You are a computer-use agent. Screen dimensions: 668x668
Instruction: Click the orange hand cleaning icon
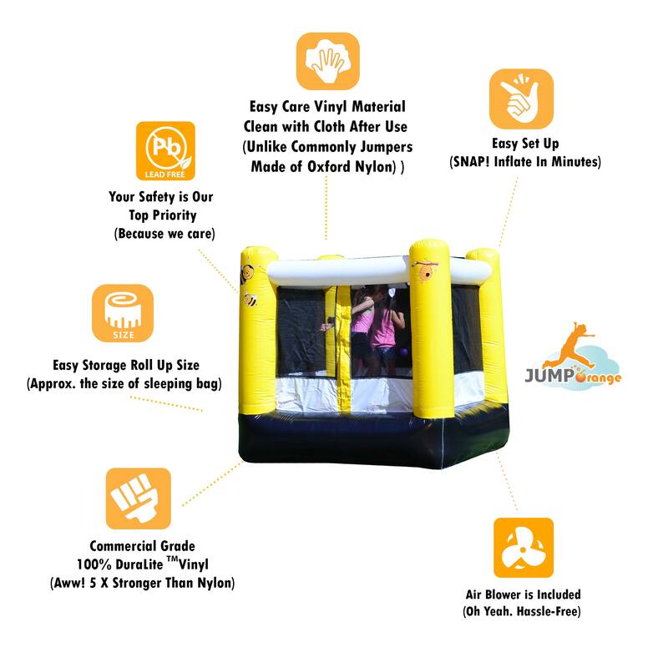point(327,61)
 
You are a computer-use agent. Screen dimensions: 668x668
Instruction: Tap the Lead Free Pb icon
point(165,151)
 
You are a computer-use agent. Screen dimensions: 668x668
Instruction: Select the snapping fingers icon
point(521,99)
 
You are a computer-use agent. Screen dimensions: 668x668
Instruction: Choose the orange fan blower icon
point(524,548)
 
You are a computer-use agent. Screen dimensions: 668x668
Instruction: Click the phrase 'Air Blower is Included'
point(524,595)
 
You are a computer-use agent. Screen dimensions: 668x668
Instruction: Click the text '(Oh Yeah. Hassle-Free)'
point(524,612)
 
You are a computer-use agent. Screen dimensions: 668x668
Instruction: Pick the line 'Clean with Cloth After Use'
point(326,127)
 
